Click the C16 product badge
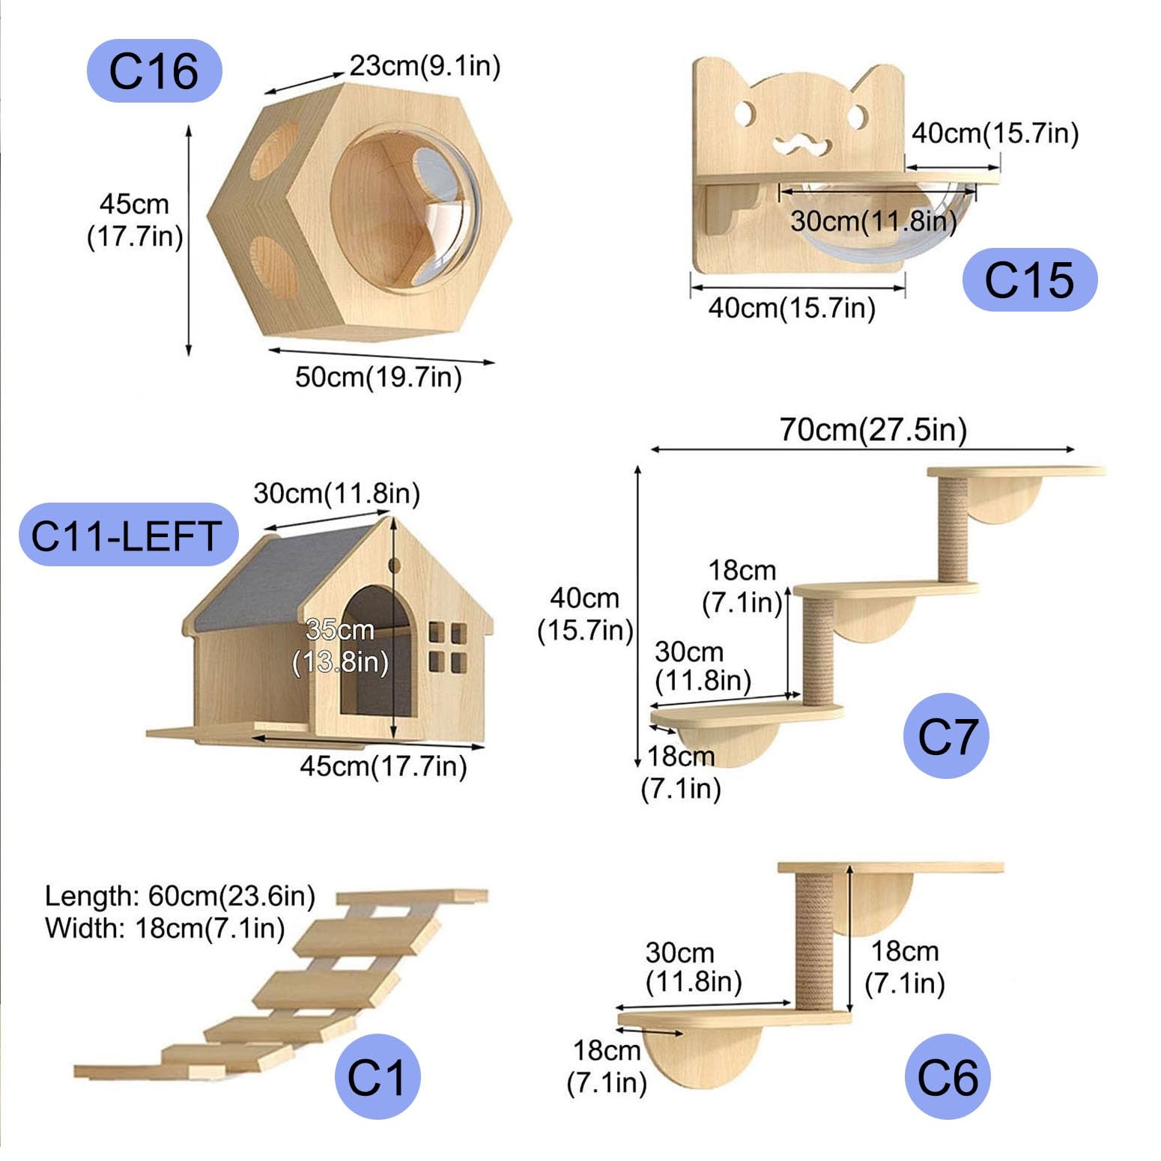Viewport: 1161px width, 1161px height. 154,71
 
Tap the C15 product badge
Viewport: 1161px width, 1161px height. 1029,280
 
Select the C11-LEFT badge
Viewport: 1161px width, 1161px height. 127,535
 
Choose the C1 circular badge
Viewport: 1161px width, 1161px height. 377,1077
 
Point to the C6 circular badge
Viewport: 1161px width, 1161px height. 947,1077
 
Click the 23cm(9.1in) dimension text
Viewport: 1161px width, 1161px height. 425,66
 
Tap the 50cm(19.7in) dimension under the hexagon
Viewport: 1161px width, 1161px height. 378,377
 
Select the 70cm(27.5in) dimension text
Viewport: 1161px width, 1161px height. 873,430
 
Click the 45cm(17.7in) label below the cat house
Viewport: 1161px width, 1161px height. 383,766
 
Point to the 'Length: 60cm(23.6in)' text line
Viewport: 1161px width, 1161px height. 180,896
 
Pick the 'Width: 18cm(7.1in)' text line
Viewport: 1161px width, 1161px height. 165,928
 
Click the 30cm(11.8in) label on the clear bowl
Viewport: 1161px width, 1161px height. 873,221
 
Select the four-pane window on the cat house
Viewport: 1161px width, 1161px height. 447,646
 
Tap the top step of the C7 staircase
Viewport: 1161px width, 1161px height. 1015,472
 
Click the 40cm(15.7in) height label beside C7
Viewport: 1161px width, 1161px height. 585,614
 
